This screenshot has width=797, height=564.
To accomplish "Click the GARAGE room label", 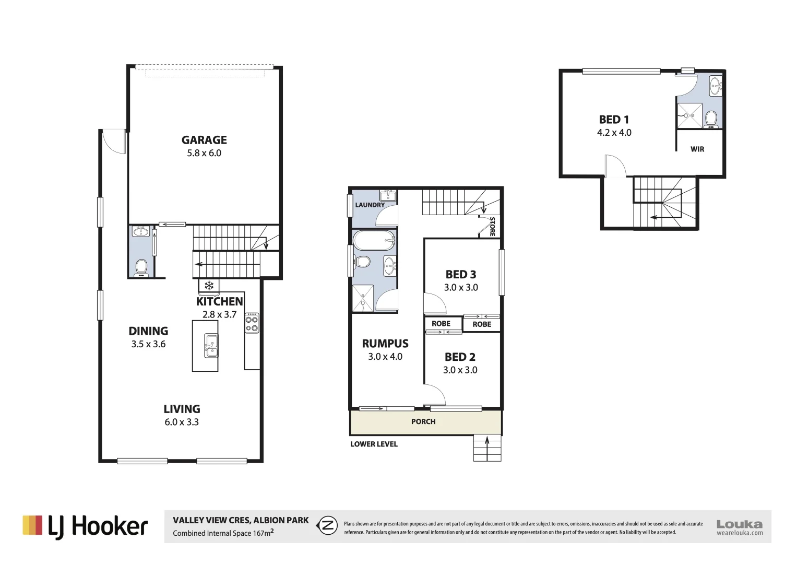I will [x=204, y=140].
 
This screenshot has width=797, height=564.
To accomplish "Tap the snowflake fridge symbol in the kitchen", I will [x=209, y=286].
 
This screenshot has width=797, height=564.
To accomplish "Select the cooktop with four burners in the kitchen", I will [x=252, y=323].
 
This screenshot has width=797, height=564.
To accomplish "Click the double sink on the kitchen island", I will [x=211, y=345].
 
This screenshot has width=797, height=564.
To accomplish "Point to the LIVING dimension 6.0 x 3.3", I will [x=182, y=422].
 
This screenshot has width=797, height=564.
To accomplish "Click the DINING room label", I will [x=148, y=331].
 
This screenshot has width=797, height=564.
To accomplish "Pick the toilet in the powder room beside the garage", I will [x=141, y=268].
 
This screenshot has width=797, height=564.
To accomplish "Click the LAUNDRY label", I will [x=370, y=205].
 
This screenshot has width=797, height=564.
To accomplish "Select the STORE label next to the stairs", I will [x=492, y=227].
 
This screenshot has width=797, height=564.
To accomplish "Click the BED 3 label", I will [x=460, y=275].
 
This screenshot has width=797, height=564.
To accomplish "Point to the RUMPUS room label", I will [x=385, y=344].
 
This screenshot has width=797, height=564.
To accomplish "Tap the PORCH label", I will [x=423, y=421].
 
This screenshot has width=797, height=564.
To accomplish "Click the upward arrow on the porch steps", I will [x=487, y=448].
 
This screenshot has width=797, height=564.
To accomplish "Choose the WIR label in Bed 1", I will [x=697, y=149].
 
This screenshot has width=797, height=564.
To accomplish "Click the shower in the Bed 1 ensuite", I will [x=689, y=115].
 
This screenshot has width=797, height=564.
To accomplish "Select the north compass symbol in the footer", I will [x=327, y=525].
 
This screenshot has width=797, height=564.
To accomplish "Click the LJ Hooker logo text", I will [x=98, y=526].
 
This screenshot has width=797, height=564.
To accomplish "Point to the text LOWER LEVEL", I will [x=374, y=444].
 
